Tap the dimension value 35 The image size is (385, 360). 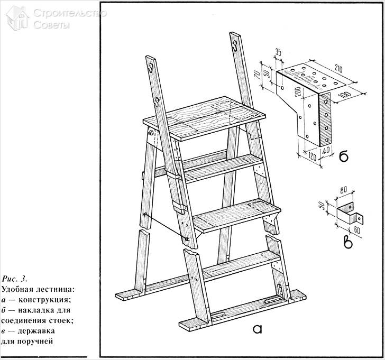click(x=279, y=53)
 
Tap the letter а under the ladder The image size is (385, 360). click(x=258, y=329)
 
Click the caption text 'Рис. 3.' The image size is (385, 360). click(x=15, y=278)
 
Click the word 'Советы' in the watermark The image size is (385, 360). click(x=50, y=25)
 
